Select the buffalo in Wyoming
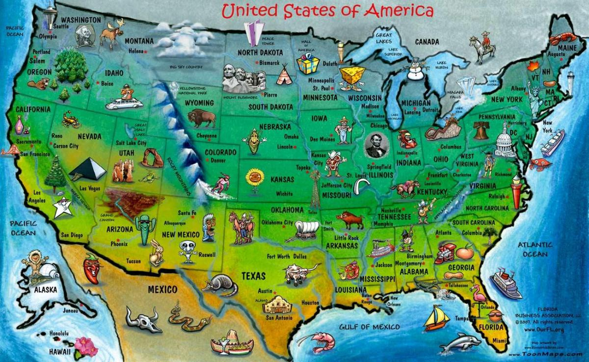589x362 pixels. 202,118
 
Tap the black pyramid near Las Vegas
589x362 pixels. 88,169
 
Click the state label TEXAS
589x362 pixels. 253,276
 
